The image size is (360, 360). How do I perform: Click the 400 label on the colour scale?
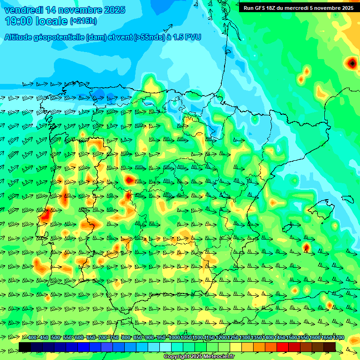click(x=32, y=338)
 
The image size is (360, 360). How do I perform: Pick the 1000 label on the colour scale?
click(x=174, y=338)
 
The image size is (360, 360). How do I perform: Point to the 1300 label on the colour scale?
click(x=245, y=338)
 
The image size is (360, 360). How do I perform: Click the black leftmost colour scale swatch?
click(x=25, y=347)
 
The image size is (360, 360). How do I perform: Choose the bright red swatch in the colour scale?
click(x=283, y=347)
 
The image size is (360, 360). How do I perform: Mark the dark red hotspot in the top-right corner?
click(x=352, y=62)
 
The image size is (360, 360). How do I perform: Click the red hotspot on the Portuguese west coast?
click(x=45, y=216)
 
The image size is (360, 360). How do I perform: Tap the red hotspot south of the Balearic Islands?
click(x=306, y=247)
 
